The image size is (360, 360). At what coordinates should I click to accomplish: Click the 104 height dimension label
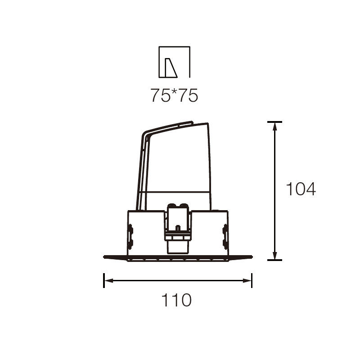coord(301,189)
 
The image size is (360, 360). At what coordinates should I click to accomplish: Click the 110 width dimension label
coord(176,300)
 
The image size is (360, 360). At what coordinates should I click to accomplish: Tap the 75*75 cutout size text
coord(174,95)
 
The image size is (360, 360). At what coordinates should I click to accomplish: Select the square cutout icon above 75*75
coord(175,62)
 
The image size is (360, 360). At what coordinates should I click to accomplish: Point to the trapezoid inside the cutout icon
coord(171,68)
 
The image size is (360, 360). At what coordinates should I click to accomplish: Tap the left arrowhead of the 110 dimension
coord(109,280)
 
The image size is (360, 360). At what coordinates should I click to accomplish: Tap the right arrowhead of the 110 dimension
coord(247,280)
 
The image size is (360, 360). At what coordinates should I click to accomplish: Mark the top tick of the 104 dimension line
coord(274,122)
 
